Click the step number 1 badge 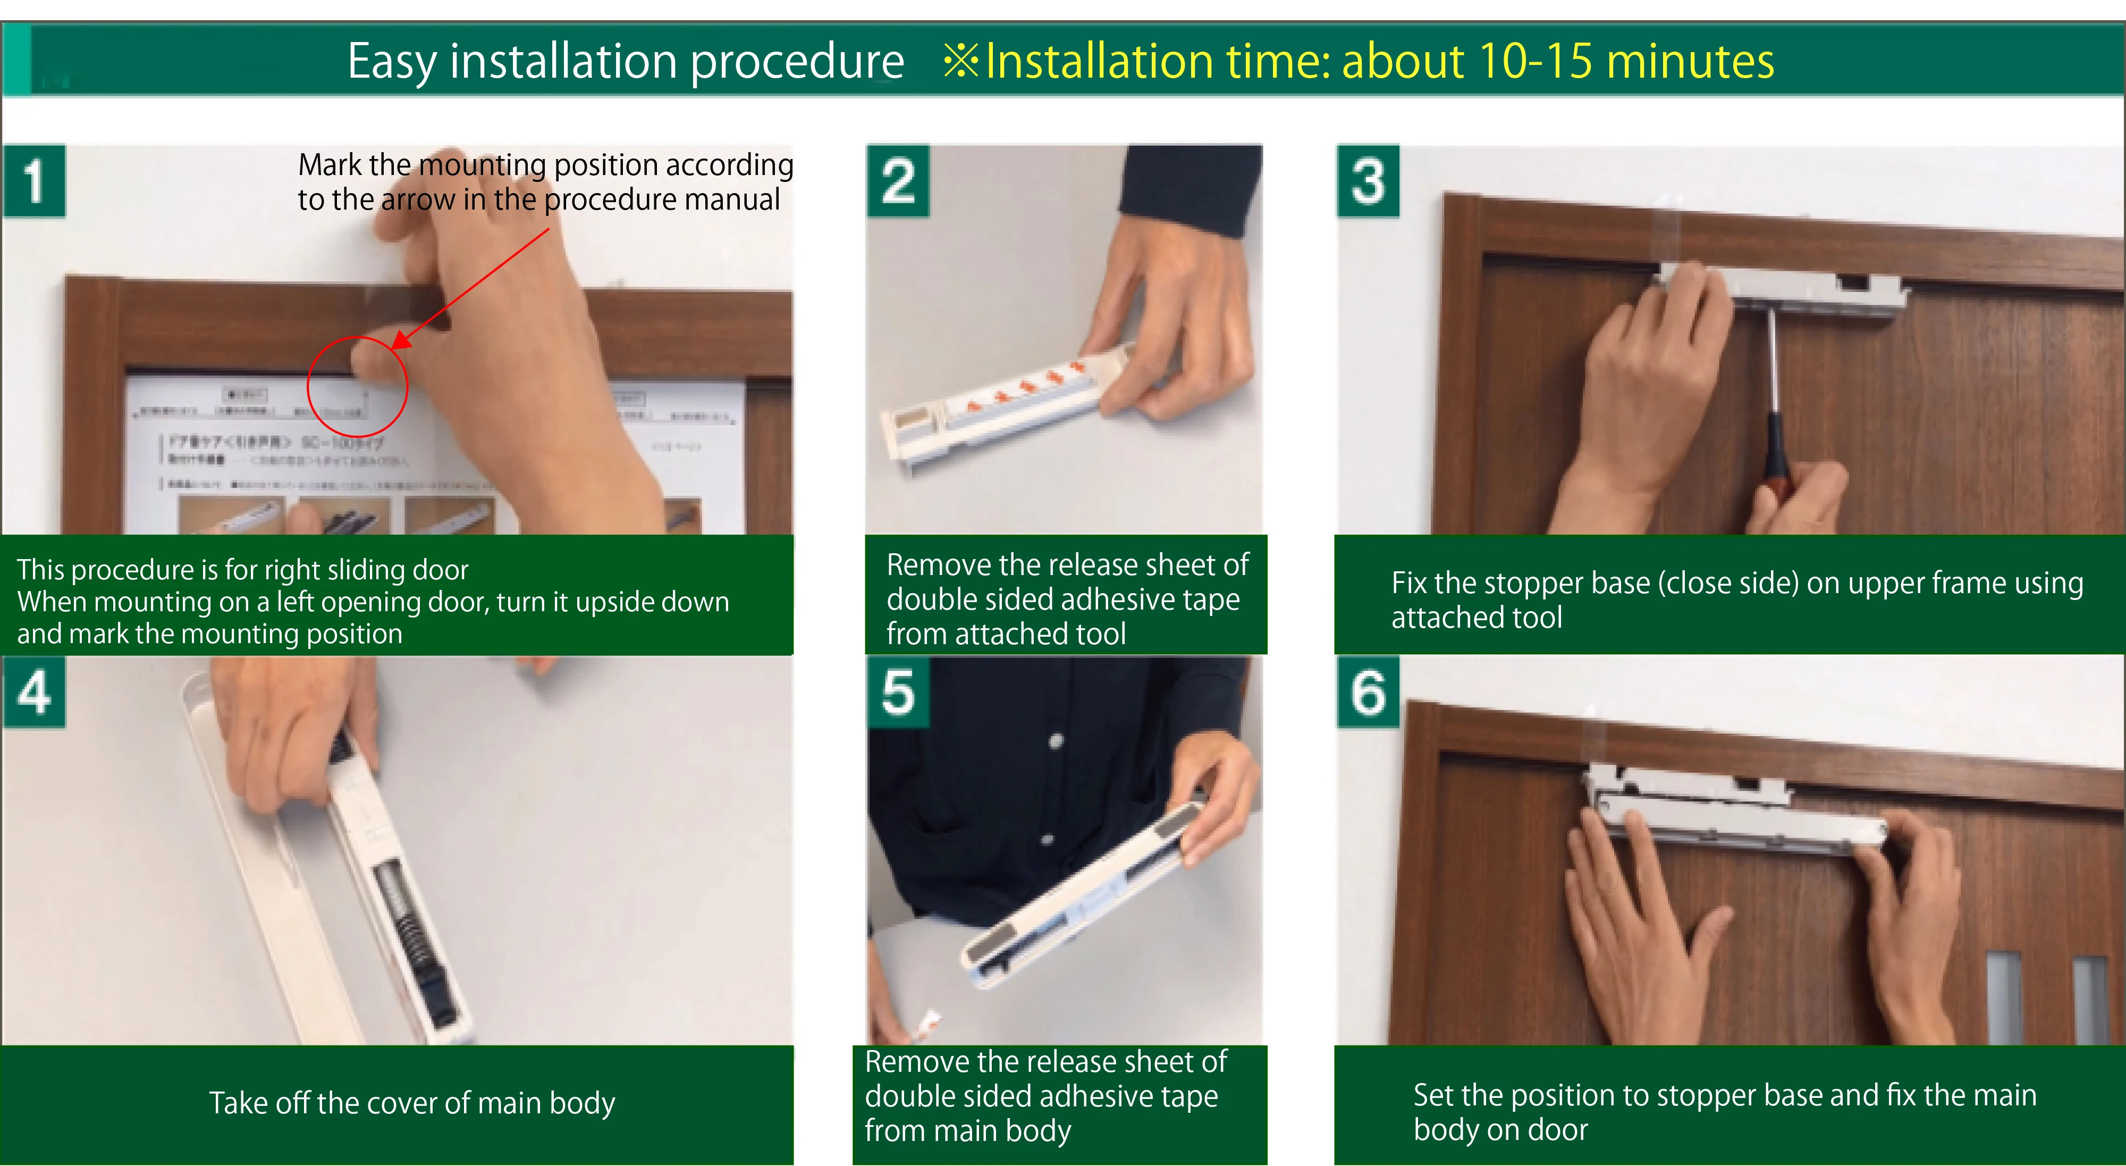[34, 181]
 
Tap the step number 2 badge [898, 181]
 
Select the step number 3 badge [1368, 181]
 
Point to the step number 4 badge [34, 692]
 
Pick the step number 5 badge [898, 692]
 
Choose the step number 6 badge [1368, 692]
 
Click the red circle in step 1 [357, 386]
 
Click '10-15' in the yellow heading [1534, 61]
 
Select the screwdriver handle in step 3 [1775, 446]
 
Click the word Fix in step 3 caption [1409, 583]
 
